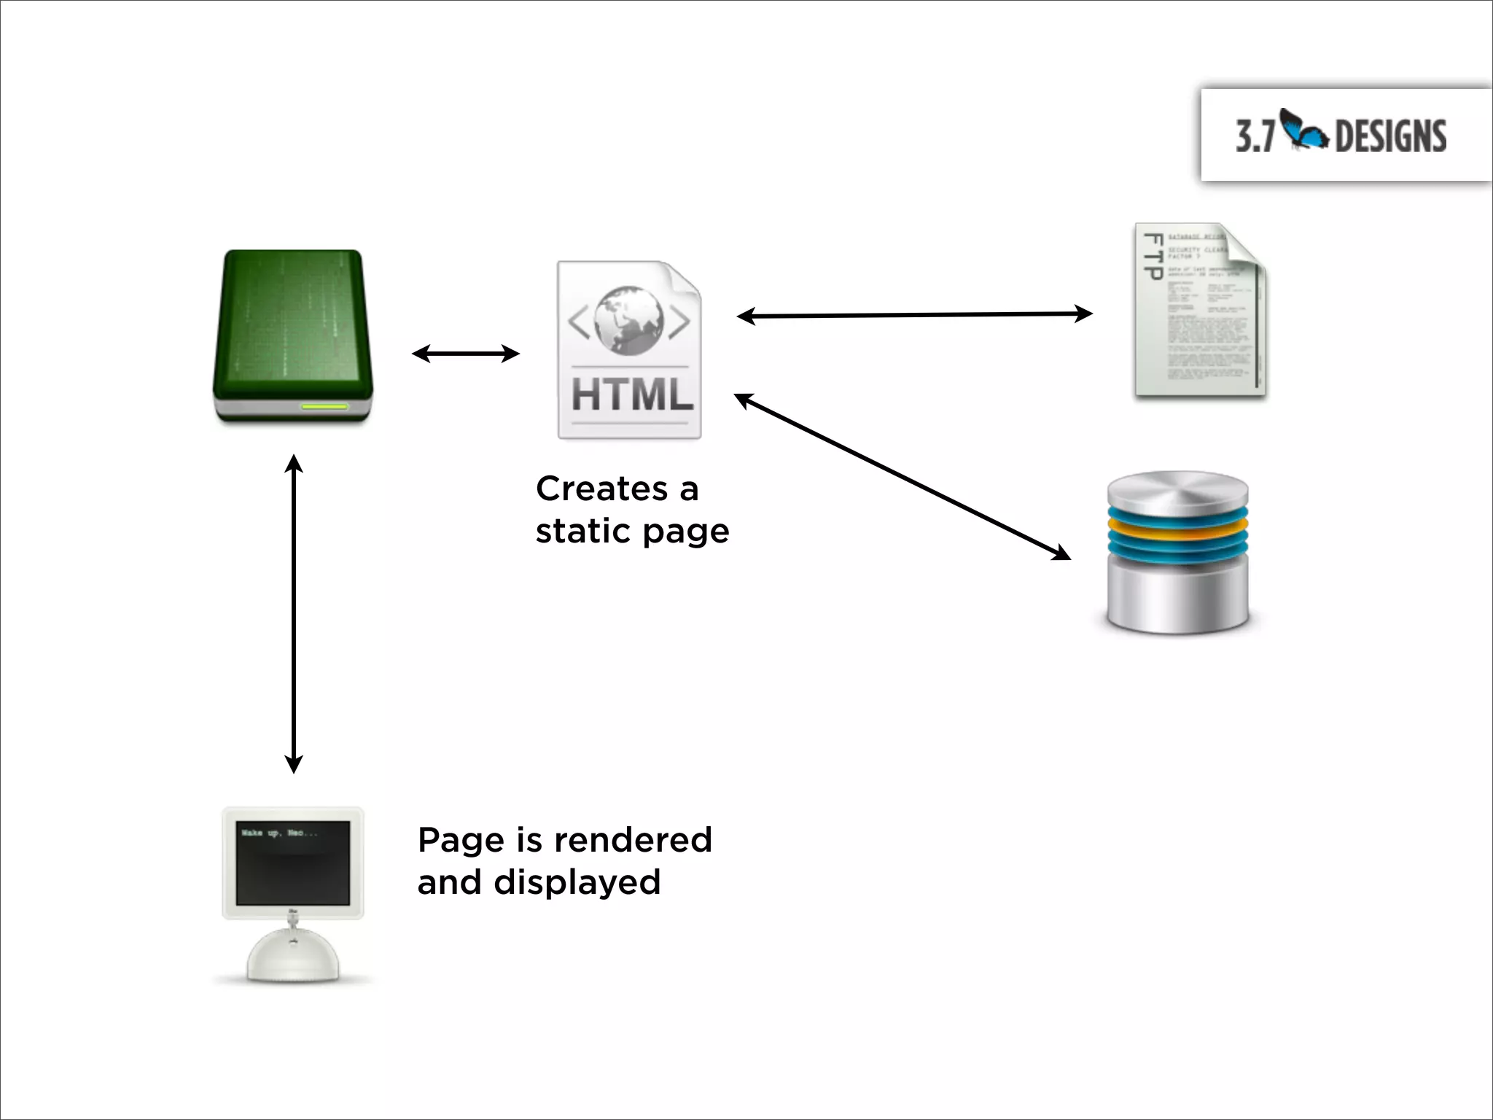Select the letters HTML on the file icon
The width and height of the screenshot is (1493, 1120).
631,395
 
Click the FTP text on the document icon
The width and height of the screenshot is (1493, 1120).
1153,257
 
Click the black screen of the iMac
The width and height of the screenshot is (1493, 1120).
293,862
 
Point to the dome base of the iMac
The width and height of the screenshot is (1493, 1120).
293,957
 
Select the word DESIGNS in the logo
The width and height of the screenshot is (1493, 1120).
1390,137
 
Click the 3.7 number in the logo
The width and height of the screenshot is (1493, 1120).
1255,136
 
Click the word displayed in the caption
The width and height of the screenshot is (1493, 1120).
577,882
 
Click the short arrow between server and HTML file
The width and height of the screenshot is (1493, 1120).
465,354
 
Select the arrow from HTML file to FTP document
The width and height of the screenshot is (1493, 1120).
914,315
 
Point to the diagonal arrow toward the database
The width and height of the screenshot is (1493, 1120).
903,476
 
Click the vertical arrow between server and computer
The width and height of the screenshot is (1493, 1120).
293,614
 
